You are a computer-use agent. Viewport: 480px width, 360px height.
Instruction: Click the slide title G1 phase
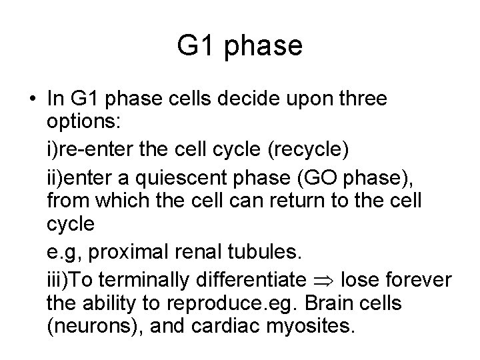click(240, 47)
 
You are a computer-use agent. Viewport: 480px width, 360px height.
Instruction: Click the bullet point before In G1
click(32, 99)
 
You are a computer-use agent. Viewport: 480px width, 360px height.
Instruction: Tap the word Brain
click(329, 303)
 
